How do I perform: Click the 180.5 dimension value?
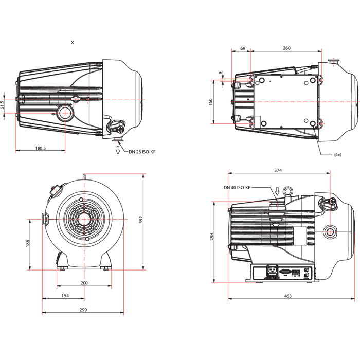41,148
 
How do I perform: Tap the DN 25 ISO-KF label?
142,152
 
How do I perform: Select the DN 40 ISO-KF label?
237,188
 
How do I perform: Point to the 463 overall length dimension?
287,296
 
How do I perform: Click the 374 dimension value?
278,170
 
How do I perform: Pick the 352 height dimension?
141,220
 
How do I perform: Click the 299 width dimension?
83,310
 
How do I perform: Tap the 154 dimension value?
65,296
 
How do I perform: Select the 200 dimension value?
84,283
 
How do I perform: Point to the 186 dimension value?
28,243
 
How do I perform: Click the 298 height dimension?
211,237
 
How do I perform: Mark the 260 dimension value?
286,48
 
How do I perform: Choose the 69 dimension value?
243,48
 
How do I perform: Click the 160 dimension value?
211,102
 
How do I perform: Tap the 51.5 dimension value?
2,105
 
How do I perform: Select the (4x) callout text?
338,155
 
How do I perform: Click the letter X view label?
73,43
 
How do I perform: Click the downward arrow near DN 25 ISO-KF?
118,150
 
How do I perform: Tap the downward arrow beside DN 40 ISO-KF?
277,191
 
